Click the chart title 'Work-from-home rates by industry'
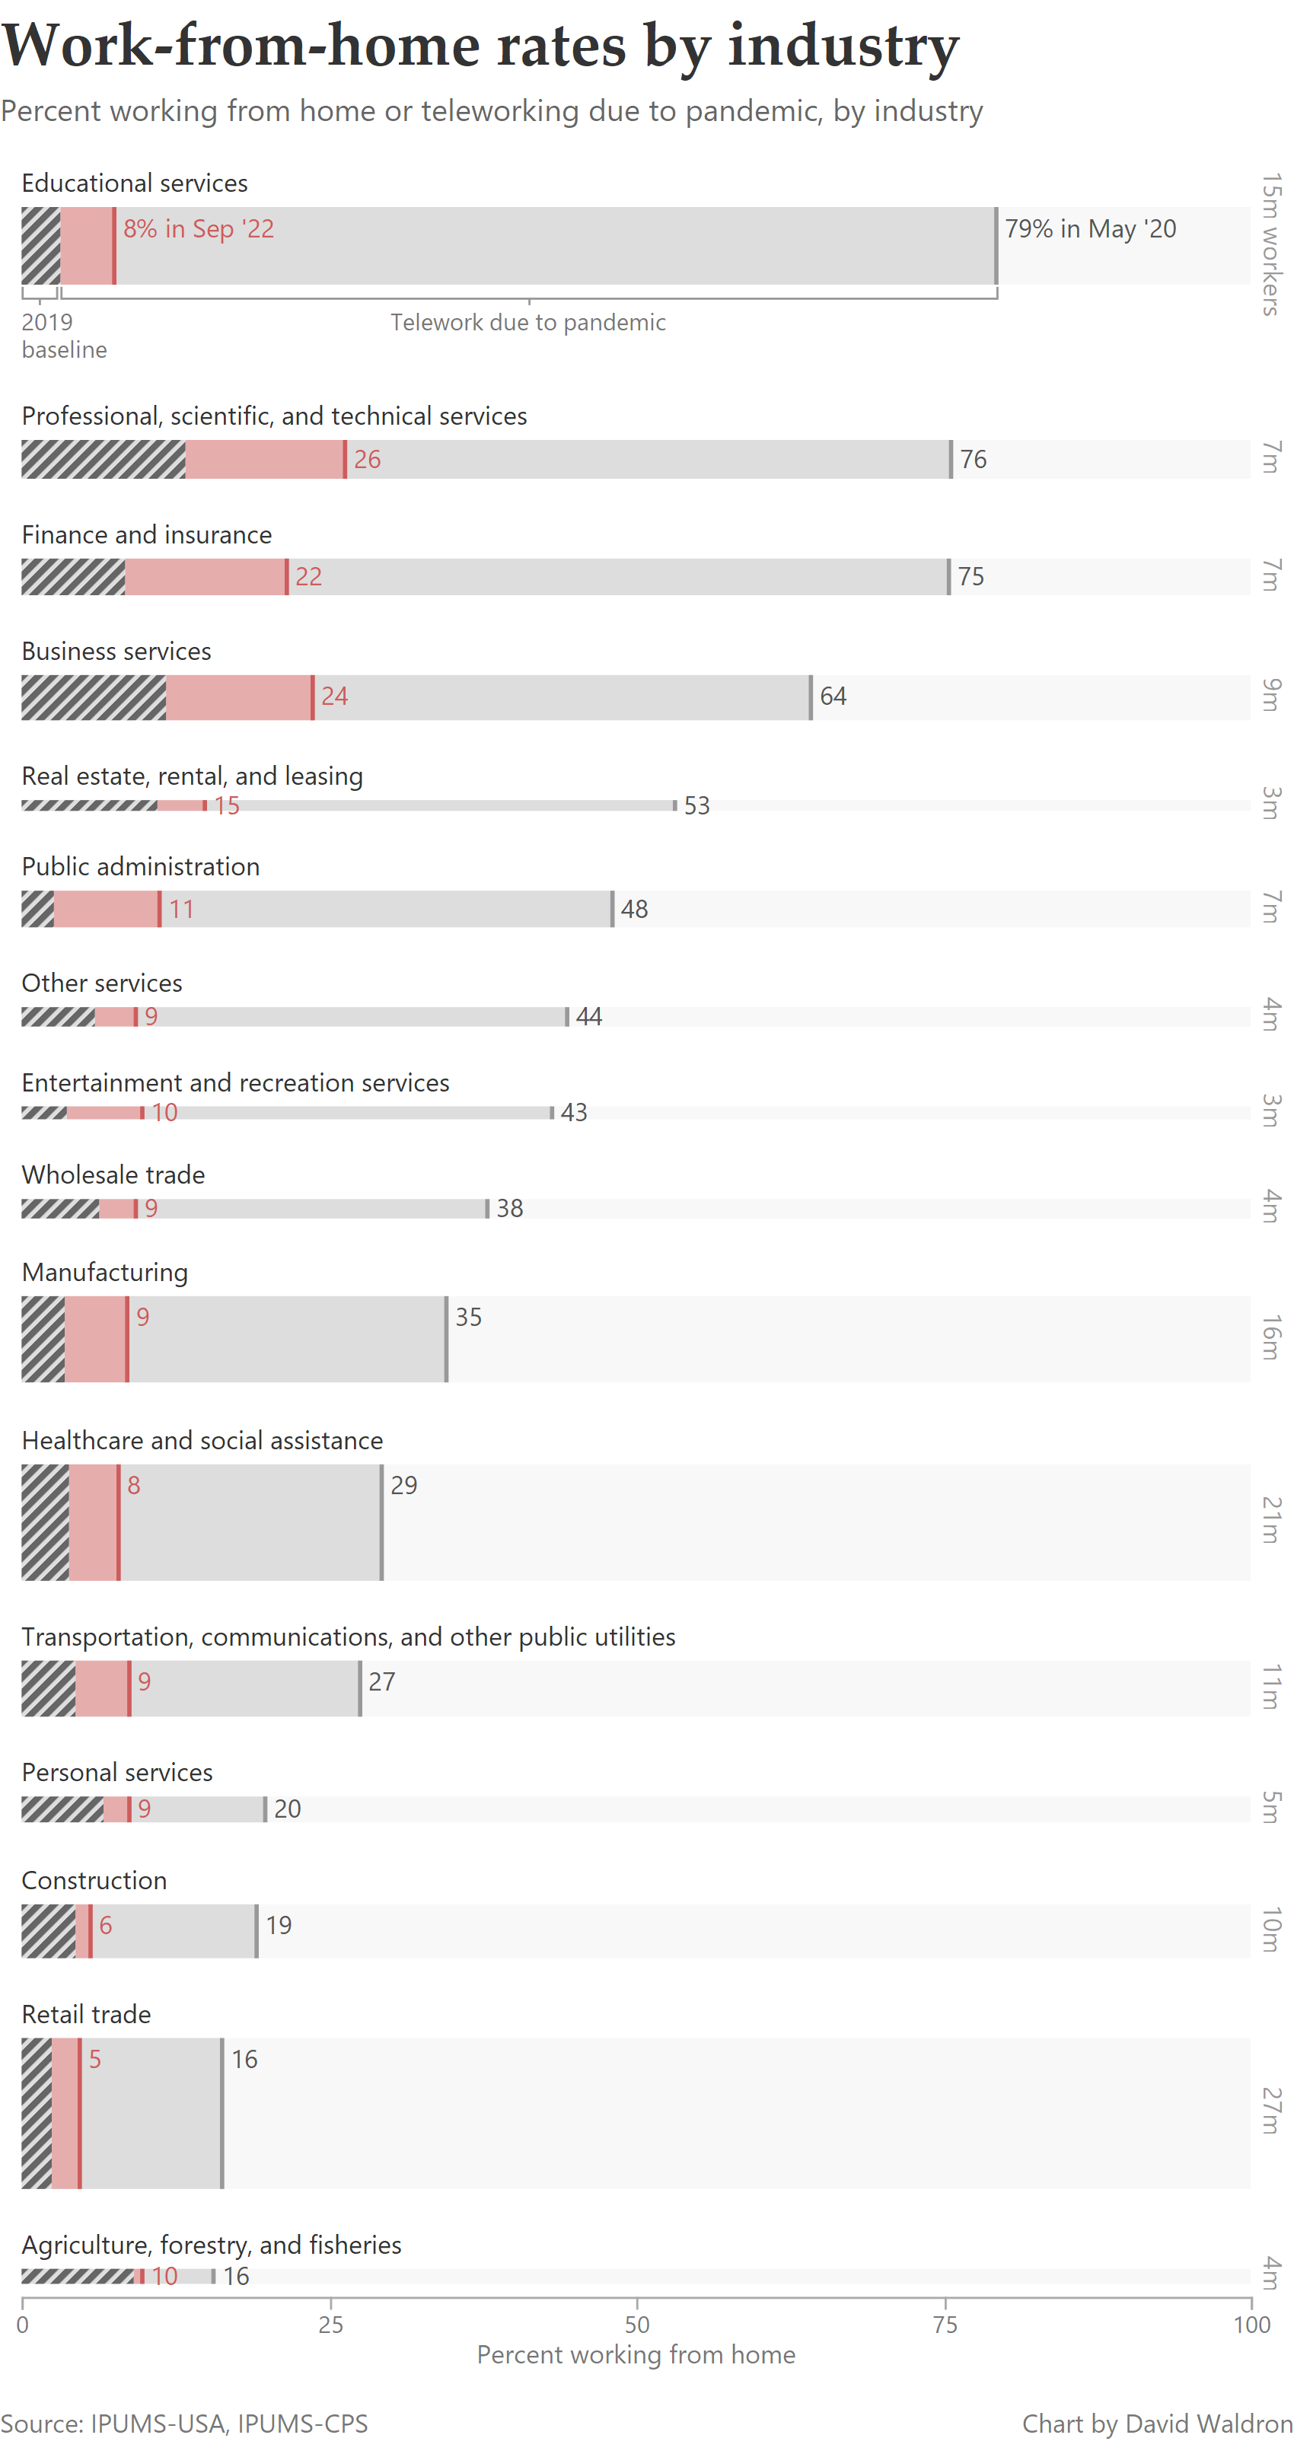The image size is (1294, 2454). point(480,46)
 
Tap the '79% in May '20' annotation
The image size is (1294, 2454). point(1090,228)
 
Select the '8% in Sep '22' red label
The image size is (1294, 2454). point(198,228)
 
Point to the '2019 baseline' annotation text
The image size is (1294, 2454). point(63,336)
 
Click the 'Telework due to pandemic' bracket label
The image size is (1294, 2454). point(528,322)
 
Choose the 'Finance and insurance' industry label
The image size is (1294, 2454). point(147,534)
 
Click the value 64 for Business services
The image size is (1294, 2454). point(833,696)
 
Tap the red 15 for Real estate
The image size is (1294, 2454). point(227,806)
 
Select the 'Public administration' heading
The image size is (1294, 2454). point(140,866)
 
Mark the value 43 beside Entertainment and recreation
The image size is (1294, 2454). point(574,1113)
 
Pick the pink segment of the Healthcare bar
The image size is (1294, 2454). point(94,1522)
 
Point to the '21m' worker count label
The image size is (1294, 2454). point(1271,1519)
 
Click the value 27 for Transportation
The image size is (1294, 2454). point(382,1681)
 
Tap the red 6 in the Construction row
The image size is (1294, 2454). point(106,1925)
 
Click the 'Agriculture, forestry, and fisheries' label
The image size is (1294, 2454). point(212,2245)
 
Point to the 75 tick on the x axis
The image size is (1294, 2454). point(945,2325)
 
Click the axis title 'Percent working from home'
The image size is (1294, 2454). point(636,2355)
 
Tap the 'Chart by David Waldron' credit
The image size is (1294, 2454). point(1157,2424)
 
